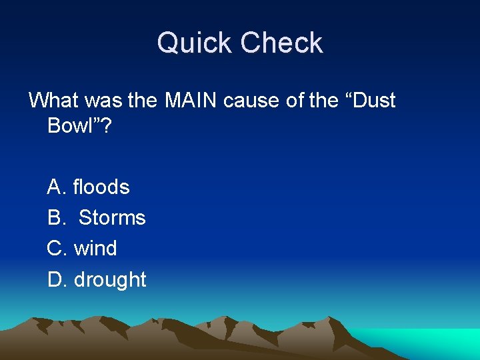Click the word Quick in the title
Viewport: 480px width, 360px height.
(x=195, y=43)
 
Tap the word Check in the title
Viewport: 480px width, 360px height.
(x=281, y=43)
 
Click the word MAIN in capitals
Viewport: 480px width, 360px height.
(x=191, y=101)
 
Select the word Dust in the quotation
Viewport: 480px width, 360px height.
(x=371, y=101)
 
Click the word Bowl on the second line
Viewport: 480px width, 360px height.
(x=72, y=126)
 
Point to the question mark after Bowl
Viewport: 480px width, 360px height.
(x=107, y=126)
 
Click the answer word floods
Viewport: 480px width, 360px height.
(x=101, y=187)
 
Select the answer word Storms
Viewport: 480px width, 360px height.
(x=112, y=218)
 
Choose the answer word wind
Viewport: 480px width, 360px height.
(x=95, y=249)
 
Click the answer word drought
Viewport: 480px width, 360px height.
(x=110, y=280)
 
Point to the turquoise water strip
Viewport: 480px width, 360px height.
(x=440, y=340)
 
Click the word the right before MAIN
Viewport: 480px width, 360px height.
(x=142, y=101)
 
